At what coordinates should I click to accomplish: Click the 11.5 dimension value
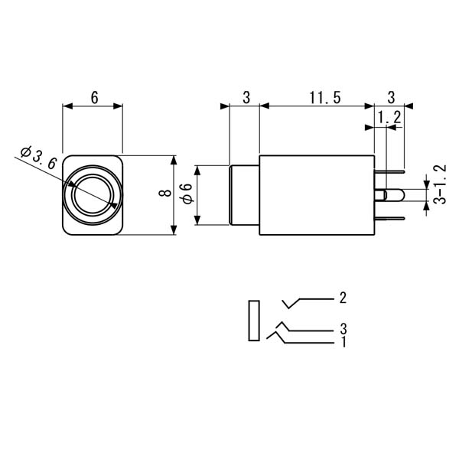[325, 97]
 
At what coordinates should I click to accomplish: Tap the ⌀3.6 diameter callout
[38, 158]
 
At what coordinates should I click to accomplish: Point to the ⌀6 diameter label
[187, 194]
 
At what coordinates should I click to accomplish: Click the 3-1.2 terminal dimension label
[440, 184]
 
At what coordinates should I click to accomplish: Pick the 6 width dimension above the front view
[94, 98]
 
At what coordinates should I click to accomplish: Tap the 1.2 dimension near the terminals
[389, 118]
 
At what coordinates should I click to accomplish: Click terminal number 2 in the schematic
[343, 298]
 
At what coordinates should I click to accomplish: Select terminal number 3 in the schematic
[343, 329]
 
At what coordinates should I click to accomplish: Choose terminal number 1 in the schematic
[343, 342]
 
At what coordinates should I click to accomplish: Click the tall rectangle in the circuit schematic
[254, 321]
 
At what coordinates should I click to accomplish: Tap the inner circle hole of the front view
[93, 195]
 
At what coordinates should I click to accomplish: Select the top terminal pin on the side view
[389, 172]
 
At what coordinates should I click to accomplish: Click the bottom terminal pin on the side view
[389, 218]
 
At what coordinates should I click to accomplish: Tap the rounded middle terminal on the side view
[389, 195]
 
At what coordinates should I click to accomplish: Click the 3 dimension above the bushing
[246, 98]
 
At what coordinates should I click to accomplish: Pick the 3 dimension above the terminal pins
[391, 98]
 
